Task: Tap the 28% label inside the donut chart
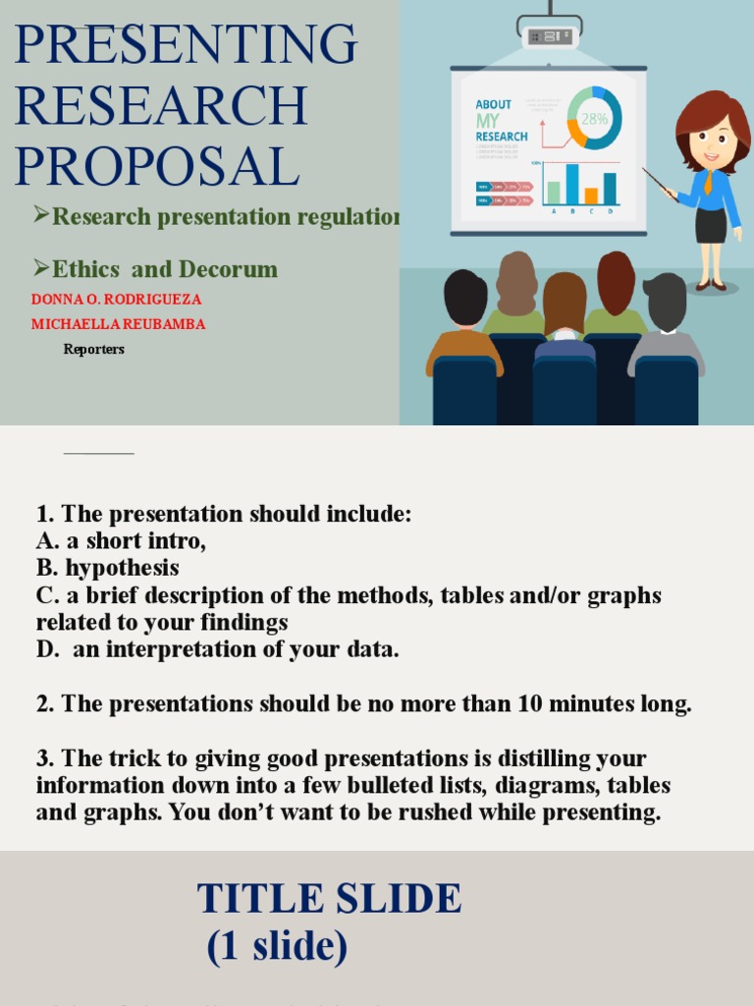[x=594, y=119]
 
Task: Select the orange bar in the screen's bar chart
[x=591, y=196]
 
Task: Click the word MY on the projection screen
[x=488, y=120]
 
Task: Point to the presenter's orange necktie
[x=708, y=182]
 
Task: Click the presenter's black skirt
[x=711, y=225]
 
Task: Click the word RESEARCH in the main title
[x=161, y=105]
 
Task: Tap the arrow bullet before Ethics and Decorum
[x=40, y=267]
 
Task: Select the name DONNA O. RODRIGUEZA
[x=116, y=299]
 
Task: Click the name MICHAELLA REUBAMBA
[x=118, y=324]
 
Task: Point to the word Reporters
[x=94, y=349]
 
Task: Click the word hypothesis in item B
[x=123, y=568]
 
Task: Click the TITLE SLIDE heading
[x=329, y=899]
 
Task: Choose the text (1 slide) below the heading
[x=277, y=945]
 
